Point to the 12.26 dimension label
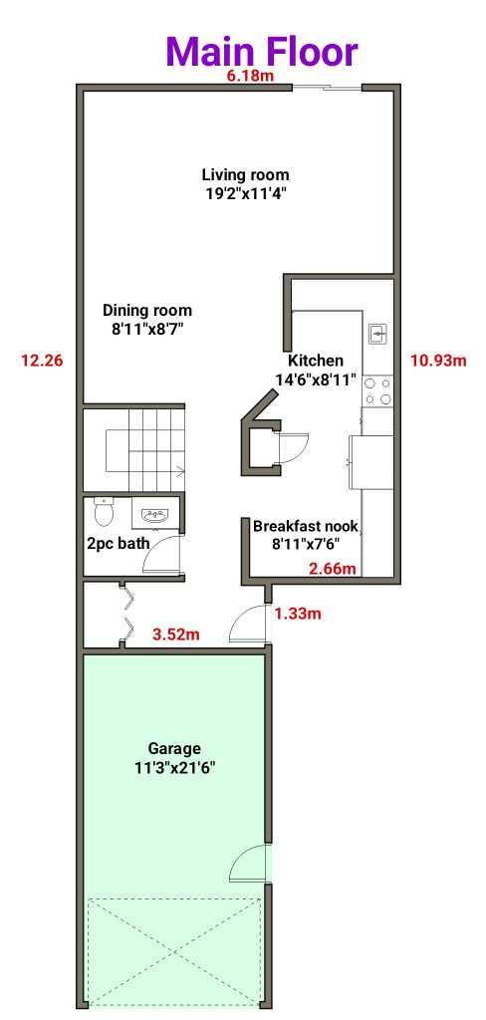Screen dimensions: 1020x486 (42, 361)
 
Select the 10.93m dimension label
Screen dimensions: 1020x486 (438, 361)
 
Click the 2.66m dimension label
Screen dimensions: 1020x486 (331, 569)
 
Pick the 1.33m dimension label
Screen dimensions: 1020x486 (298, 614)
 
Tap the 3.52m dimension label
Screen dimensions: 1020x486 (176, 633)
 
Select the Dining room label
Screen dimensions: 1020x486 (147, 318)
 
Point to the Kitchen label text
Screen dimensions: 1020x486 (316, 370)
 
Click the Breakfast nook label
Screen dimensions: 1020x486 (305, 534)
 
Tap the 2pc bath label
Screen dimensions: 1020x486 (119, 544)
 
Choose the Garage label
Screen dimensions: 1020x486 (174, 757)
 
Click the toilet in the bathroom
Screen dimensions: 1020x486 (103, 512)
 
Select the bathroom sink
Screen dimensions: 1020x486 (153, 515)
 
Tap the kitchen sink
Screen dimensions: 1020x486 (377, 333)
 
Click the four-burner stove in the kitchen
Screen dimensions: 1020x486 (377, 389)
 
